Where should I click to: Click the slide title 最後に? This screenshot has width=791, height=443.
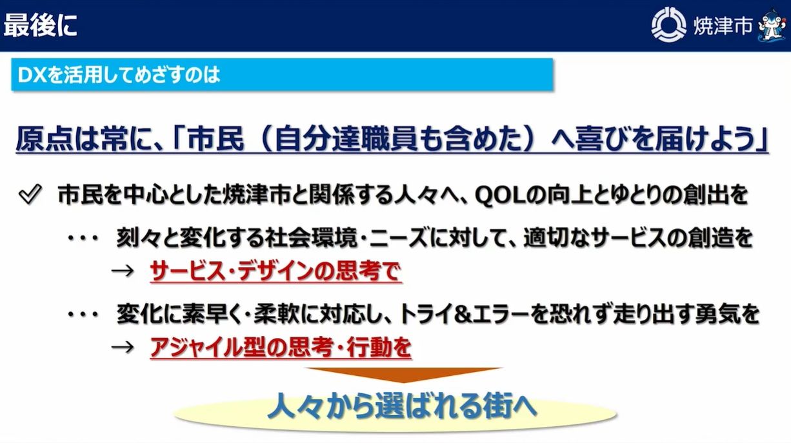pyautogui.click(x=41, y=26)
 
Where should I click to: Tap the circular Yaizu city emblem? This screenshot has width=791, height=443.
pyautogui.click(x=668, y=26)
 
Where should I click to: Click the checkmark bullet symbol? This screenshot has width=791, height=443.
pyautogui.click(x=30, y=194)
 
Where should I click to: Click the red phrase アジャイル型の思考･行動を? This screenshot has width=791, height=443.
pyautogui.click(x=280, y=348)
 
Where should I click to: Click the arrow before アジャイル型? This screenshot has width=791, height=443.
pyautogui.click(x=122, y=348)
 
